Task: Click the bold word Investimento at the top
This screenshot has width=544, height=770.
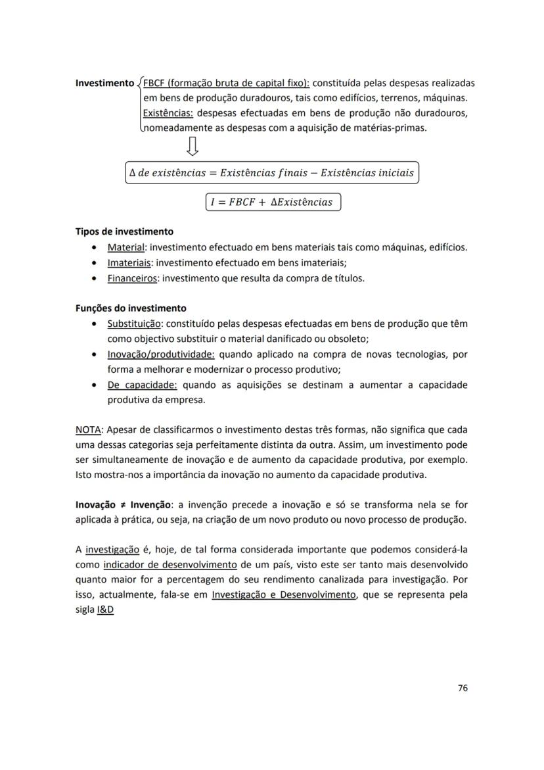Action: (x=104, y=84)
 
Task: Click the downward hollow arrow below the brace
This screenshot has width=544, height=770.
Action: (x=193, y=146)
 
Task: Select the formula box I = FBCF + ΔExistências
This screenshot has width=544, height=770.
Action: (x=273, y=202)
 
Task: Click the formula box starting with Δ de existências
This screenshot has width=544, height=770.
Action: (x=272, y=173)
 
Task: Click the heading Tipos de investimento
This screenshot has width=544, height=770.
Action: (x=124, y=231)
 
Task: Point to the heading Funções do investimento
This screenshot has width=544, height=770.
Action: (x=131, y=308)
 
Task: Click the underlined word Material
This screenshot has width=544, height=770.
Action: (x=125, y=247)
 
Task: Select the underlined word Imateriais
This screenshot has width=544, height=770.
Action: (x=129, y=262)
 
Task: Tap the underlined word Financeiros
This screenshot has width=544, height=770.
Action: (x=132, y=277)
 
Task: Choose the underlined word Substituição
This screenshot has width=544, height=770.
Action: (x=135, y=324)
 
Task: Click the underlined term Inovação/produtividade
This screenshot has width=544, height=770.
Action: (x=161, y=354)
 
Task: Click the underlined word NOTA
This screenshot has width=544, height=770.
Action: (x=88, y=430)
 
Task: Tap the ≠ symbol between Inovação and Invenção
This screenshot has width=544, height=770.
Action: (x=123, y=506)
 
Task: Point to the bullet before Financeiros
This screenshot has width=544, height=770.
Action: (x=96, y=278)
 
